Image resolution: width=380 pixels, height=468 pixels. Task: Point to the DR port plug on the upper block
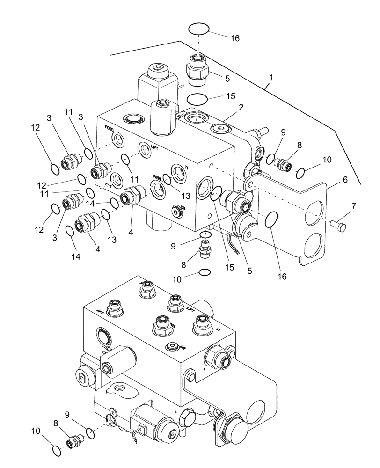[177, 212]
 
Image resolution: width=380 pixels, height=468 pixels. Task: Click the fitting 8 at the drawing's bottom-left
[74, 441]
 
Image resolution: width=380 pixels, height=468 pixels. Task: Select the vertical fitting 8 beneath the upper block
[205, 248]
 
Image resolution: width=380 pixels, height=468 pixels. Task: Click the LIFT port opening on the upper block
[144, 149]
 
